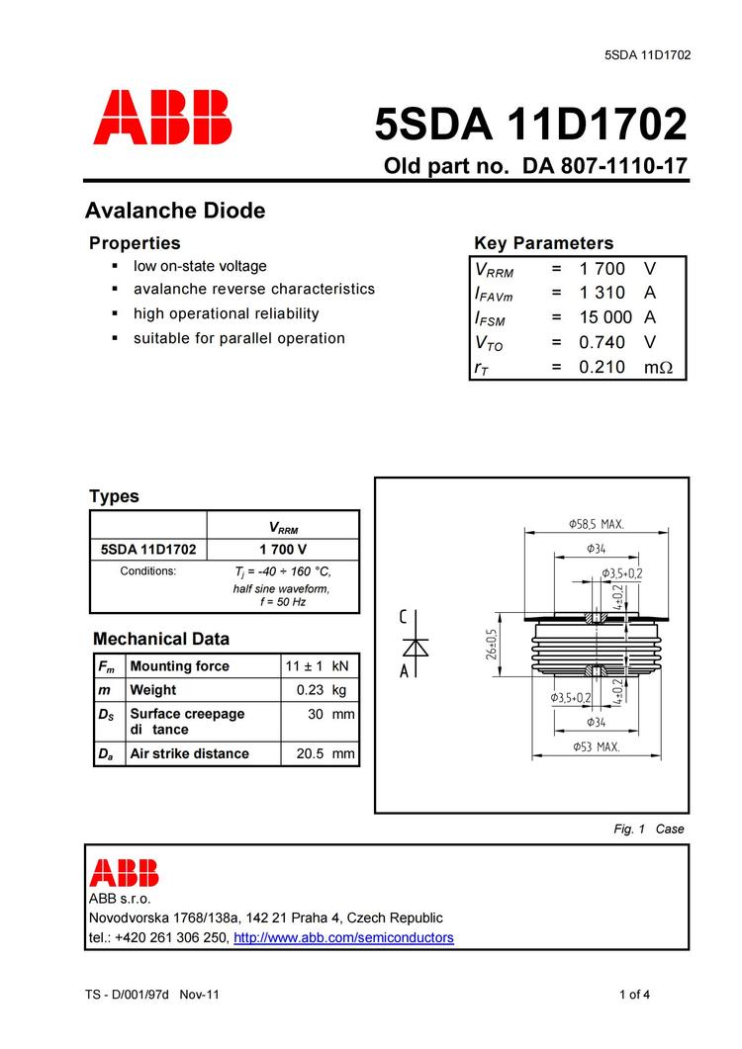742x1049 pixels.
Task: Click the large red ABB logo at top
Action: (163, 118)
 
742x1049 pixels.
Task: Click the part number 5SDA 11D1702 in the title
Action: (530, 125)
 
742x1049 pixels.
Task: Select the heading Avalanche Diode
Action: (175, 211)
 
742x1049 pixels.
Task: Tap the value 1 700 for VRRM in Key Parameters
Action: (603, 269)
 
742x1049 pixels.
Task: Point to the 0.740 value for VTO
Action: (603, 342)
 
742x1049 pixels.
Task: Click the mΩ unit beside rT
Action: (658, 367)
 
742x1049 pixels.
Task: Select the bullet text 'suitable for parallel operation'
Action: (239, 338)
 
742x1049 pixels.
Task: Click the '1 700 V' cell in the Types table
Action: (283, 549)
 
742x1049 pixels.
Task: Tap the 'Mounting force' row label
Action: (179, 666)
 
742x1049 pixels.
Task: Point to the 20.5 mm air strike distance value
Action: (325, 753)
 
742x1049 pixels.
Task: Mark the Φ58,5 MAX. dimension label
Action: (597, 524)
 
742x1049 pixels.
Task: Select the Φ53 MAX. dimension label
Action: (597, 747)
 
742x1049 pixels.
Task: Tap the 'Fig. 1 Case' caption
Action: (649, 829)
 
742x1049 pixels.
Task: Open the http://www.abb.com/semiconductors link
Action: (343, 937)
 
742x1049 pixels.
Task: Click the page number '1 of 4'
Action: (634, 995)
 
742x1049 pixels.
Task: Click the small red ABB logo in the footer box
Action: (124, 872)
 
